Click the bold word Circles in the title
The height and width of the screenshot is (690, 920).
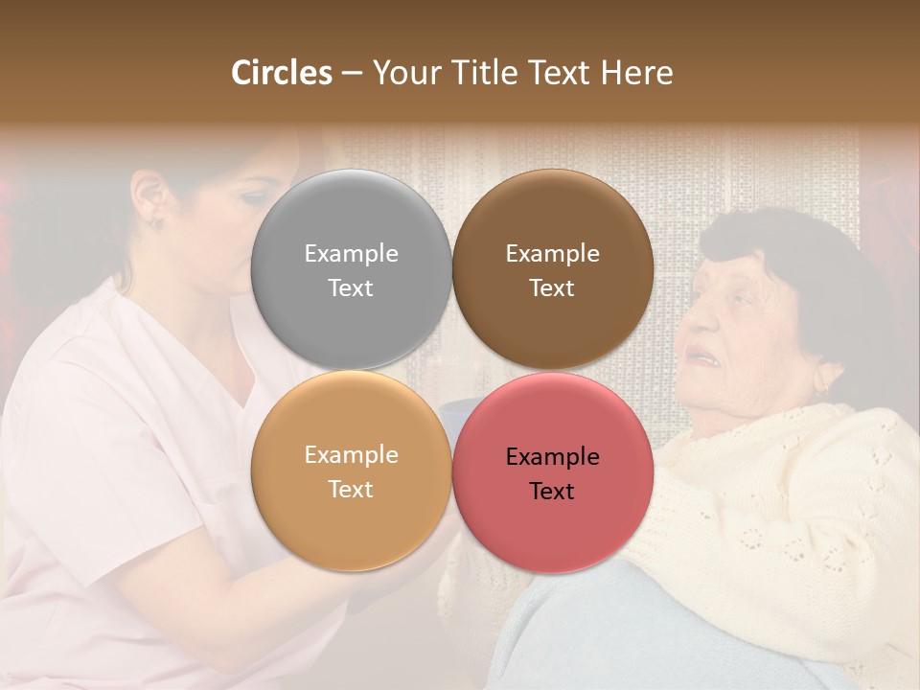coord(282,72)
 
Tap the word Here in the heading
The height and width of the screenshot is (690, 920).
coord(636,72)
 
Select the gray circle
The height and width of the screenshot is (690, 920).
coord(351,269)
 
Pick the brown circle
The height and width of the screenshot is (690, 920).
coord(552,269)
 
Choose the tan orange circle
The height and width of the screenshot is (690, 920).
coord(351,471)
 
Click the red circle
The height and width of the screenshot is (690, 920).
coord(552,472)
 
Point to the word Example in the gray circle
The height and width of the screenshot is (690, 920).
coord(351,253)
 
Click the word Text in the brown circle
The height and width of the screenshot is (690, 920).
coord(552,287)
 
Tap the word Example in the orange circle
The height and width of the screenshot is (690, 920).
coord(351,454)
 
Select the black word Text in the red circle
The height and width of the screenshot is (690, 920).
coord(552,491)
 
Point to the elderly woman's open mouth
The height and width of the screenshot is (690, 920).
coord(705,359)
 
